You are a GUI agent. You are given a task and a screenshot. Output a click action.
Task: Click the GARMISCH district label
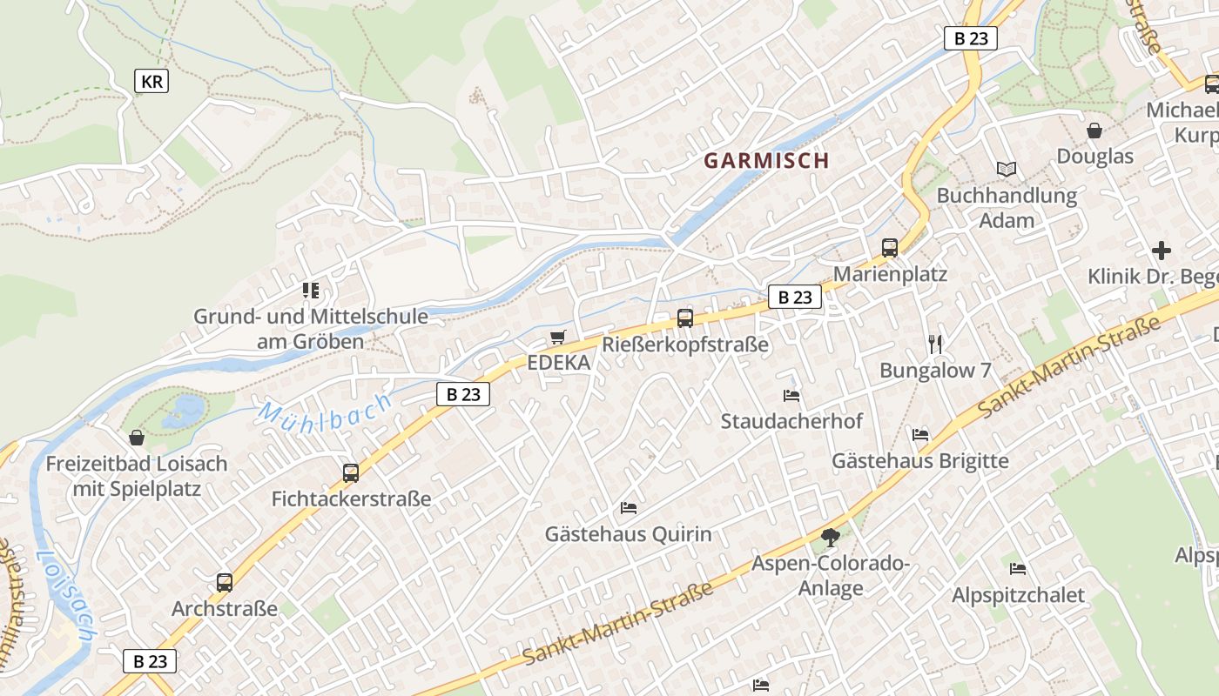[766, 161]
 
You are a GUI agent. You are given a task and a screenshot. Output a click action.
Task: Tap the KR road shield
[152, 82]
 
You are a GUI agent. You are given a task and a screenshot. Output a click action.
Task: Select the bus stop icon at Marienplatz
[889, 248]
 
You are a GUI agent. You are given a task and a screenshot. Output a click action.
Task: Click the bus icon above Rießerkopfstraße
[685, 318]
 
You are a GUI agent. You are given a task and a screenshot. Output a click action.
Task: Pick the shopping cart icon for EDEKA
[558, 337]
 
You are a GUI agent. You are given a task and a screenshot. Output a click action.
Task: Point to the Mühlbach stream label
[325, 416]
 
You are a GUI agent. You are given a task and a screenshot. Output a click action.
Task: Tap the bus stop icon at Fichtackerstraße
[351, 473]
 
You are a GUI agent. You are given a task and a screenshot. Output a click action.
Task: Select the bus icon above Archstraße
[225, 583]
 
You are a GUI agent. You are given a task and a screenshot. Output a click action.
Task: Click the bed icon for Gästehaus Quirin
[629, 508]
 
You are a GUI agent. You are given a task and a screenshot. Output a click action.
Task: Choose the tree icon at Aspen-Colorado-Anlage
[831, 538]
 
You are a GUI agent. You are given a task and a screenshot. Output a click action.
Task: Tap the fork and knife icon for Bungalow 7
[935, 345]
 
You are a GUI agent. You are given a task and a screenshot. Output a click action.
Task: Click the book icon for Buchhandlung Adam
[1007, 169]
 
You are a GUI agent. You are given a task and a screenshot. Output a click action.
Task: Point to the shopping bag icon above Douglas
[1094, 130]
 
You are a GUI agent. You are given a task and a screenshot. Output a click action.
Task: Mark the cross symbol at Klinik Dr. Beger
[1162, 251]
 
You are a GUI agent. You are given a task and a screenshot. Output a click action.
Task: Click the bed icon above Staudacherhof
[791, 395]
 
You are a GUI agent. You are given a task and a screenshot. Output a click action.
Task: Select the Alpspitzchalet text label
[1018, 595]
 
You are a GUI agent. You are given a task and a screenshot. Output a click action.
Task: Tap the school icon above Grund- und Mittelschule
[311, 290]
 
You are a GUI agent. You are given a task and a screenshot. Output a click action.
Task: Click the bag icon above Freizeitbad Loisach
[137, 437]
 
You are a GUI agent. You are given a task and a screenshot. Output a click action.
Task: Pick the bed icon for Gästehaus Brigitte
[920, 434]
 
